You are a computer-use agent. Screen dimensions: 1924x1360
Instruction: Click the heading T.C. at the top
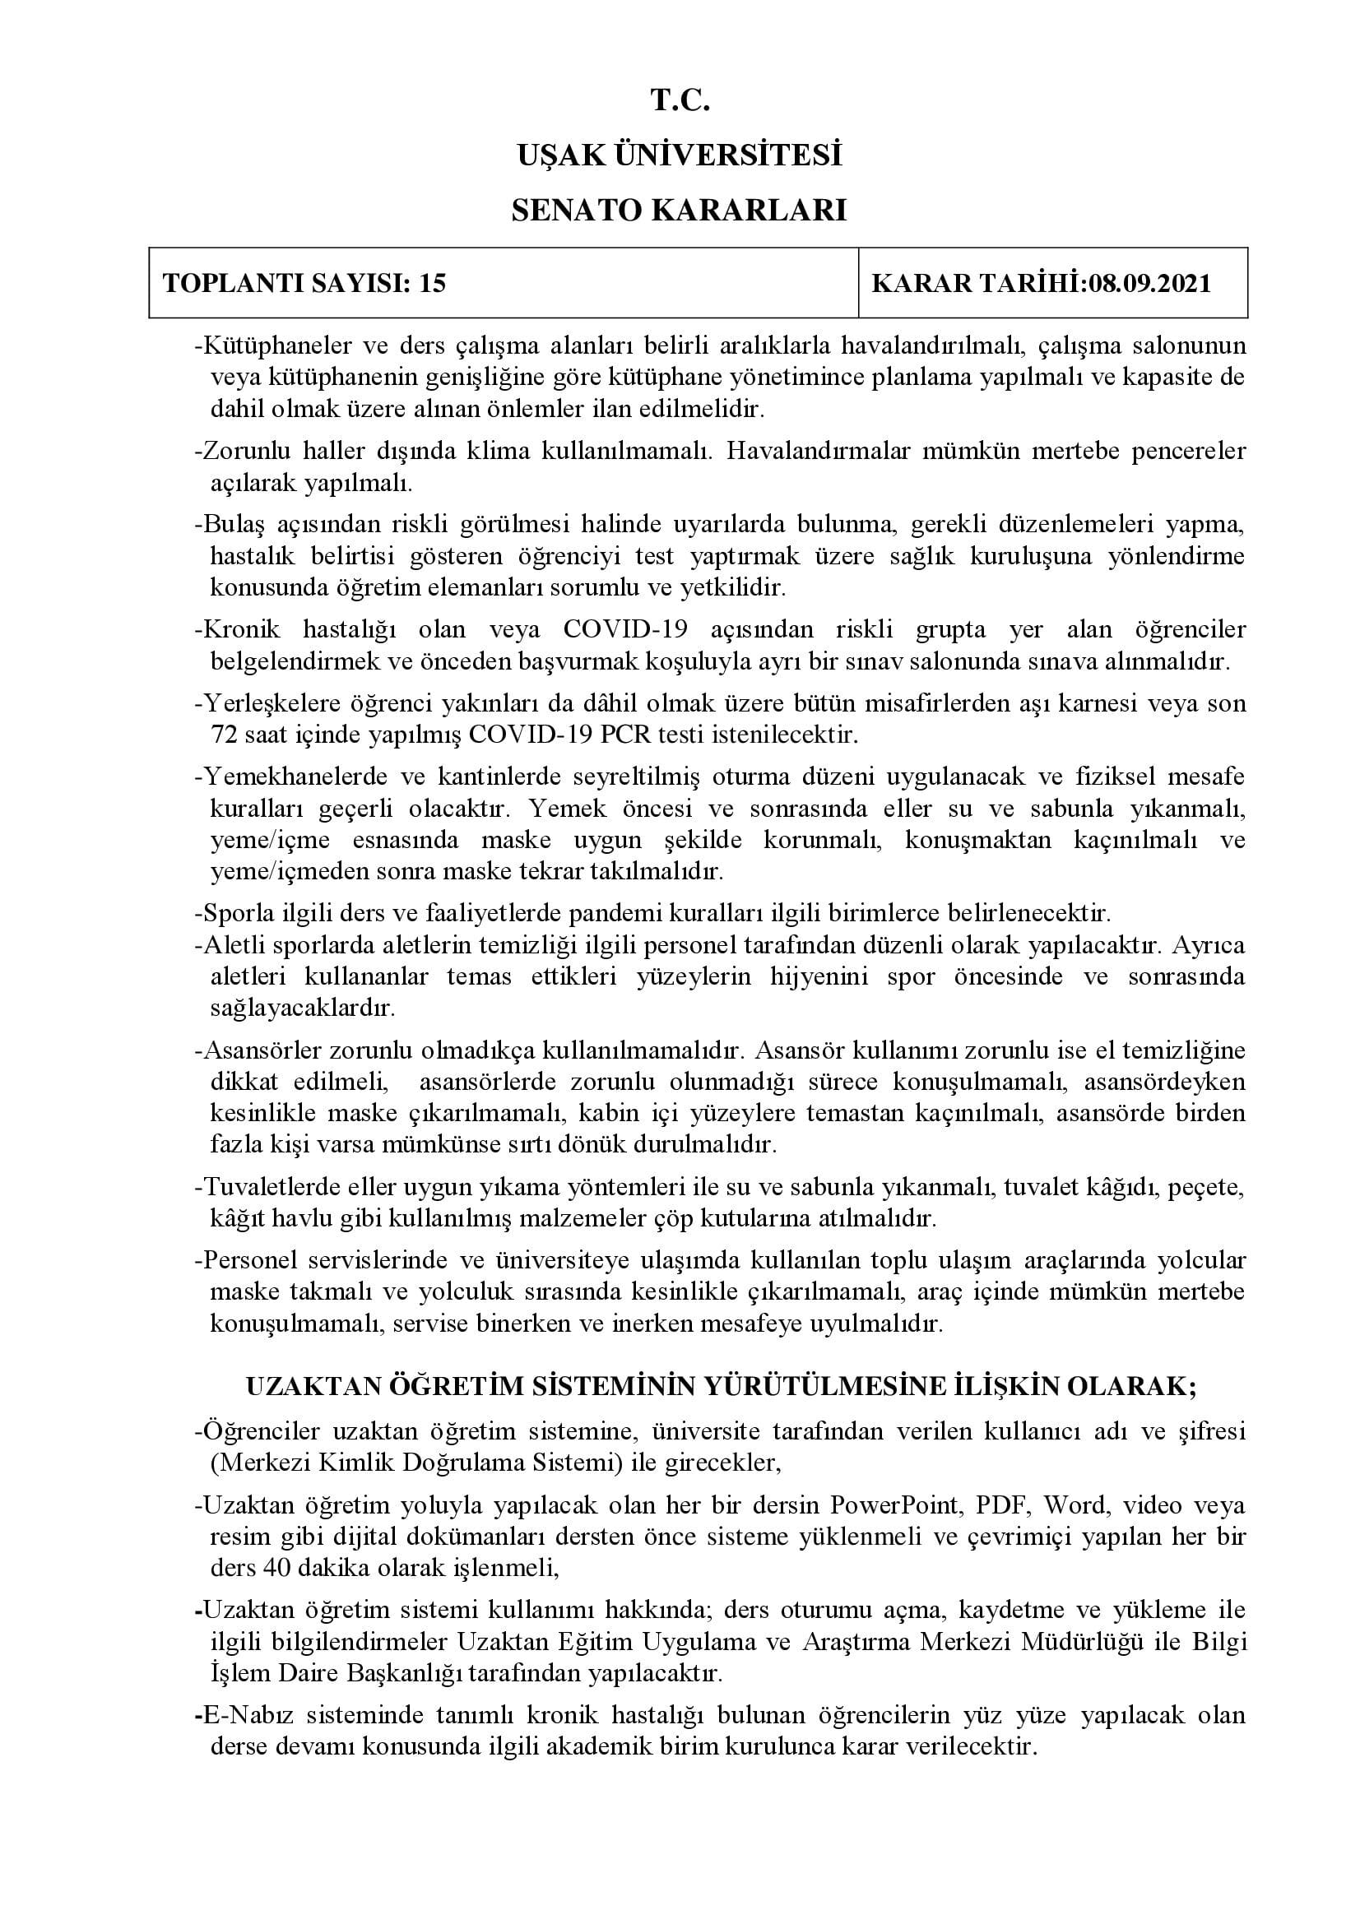680,101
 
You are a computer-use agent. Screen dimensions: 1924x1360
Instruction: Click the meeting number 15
433,283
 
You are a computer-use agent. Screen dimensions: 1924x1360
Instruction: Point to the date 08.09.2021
1149,283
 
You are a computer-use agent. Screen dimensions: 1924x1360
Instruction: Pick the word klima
505,452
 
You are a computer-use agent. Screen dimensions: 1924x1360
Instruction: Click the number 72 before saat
225,735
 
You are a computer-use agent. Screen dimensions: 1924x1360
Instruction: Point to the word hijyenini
827,976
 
